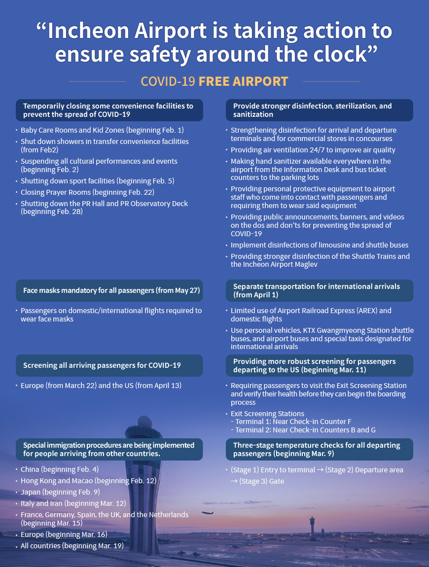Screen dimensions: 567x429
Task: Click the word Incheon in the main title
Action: (x=89, y=32)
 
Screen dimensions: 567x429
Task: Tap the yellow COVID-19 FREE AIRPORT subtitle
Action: (x=214, y=81)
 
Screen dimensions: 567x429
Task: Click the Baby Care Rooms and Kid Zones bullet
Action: (x=102, y=130)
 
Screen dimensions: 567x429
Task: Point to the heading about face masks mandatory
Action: (x=111, y=290)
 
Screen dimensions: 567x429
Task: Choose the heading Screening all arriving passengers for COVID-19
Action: (x=102, y=365)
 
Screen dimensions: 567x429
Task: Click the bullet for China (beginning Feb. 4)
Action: (x=60, y=469)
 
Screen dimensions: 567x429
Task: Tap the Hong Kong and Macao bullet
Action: (x=88, y=480)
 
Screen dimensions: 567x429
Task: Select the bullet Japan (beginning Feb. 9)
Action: (x=60, y=492)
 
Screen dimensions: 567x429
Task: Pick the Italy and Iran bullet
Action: (x=73, y=503)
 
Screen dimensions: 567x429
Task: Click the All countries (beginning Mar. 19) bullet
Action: (x=72, y=546)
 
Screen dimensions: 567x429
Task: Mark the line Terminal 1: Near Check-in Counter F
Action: (x=293, y=422)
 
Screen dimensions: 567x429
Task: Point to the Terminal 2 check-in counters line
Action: (x=305, y=430)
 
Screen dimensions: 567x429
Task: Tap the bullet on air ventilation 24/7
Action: (x=313, y=150)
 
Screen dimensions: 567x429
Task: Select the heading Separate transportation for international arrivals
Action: (x=316, y=290)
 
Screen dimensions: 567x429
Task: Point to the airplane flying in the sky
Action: (x=208, y=513)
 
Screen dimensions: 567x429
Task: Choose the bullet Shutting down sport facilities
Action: (x=97, y=181)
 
